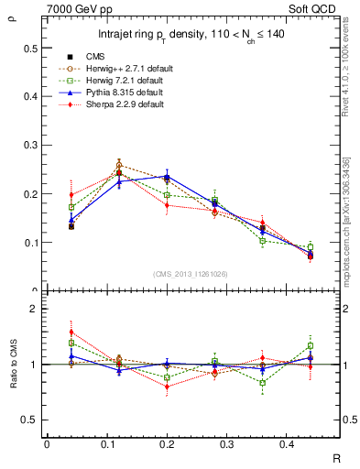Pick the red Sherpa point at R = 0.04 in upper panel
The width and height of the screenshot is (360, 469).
[71, 194]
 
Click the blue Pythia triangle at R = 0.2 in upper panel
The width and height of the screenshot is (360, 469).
[167, 176]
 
